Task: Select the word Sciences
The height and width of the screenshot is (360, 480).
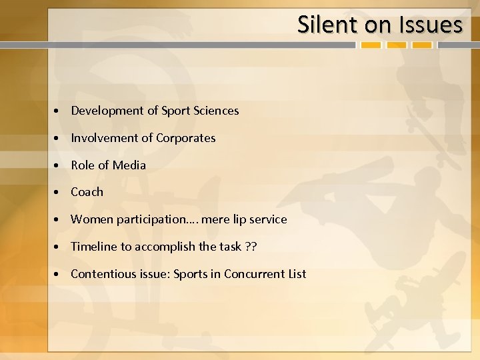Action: [x=215, y=111]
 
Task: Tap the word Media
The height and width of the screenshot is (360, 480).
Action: [x=129, y=165]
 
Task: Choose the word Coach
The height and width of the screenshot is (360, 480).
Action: [x=87, y=192]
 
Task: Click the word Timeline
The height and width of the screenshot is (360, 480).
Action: [x=93, y=247]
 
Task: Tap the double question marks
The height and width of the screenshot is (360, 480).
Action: [x=251, y=247]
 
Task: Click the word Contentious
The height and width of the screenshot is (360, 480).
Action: [x=101, y=274]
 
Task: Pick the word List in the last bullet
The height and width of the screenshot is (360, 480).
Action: [x=295, y=274]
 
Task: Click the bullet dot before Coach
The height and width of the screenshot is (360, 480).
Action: [x=59, y=193]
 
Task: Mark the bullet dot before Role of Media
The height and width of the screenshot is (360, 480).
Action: [x=59, y=165]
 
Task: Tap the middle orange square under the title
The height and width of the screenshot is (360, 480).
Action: [x=397, y=46]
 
